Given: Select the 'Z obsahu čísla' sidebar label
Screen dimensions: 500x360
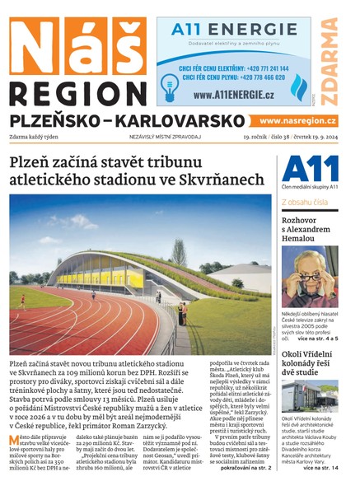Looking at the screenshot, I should pos(305,201).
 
